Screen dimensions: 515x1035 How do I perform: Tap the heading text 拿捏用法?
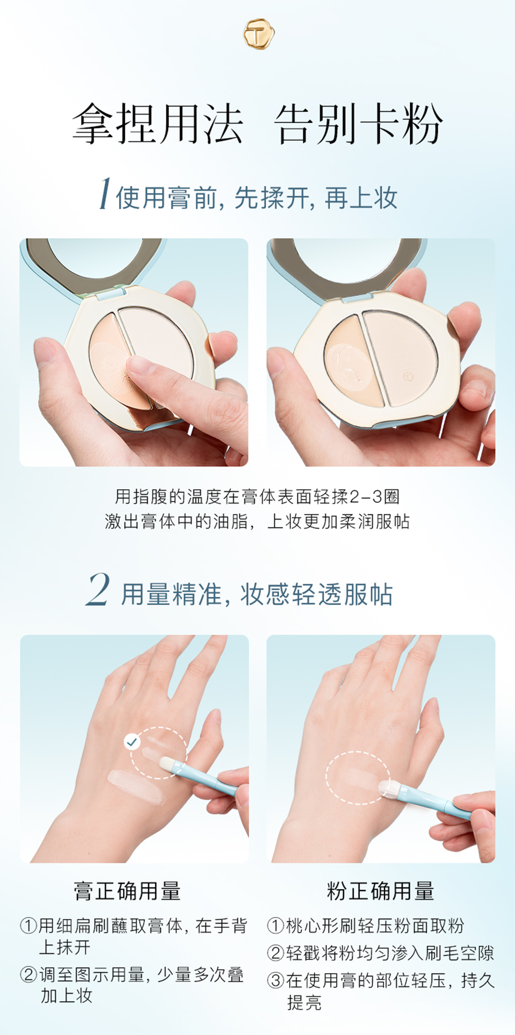[x=157, y=124]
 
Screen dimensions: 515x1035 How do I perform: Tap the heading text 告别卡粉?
[x=358, y=124]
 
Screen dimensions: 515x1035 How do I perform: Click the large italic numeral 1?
[x=105, y=194]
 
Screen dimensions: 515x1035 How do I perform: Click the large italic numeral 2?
[x=98, y=590]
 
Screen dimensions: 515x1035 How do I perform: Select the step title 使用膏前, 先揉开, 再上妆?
[x=256, y=198]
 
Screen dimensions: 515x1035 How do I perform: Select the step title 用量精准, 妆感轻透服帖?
[x=257, y=594]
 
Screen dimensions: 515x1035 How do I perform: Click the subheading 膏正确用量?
[x=127, y=891]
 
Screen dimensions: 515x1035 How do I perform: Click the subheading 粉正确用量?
[x=380, y=891]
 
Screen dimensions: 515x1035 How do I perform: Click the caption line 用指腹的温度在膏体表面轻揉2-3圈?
[x=257, y=496]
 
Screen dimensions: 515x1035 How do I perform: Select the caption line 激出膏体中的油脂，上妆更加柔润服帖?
[x=257, y=521]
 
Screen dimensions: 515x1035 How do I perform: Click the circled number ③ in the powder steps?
[x=276, y=981]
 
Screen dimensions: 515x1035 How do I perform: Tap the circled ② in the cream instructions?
[x=28, y=974]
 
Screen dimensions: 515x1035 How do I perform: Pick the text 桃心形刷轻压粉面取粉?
[x=375, y=926]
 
